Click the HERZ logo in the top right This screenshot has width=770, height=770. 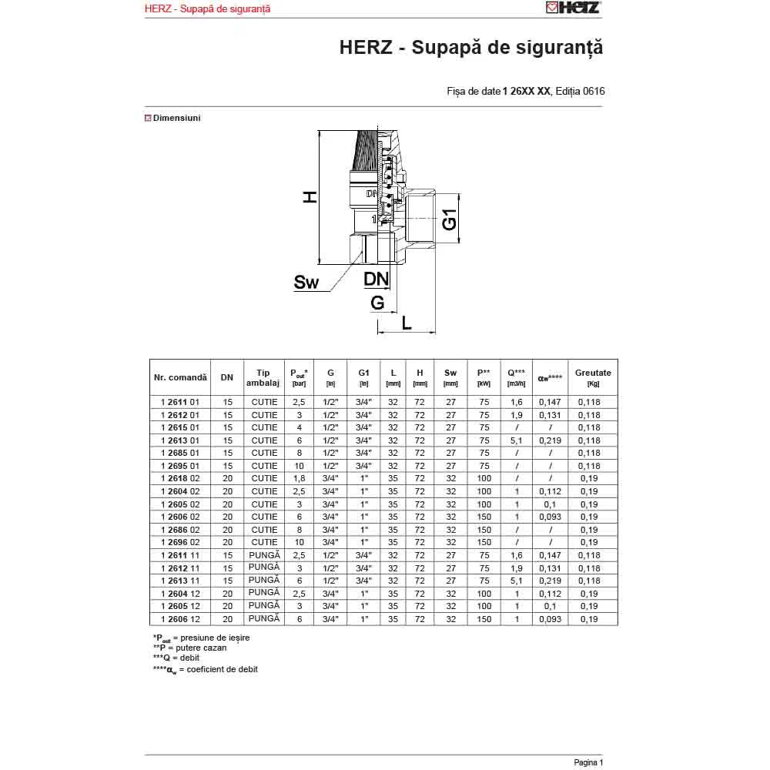tap(573, 8)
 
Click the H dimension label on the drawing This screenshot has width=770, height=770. tap(309, 197)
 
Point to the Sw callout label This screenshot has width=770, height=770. tap(306, 283)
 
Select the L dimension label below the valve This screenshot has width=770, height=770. tap(407, 322)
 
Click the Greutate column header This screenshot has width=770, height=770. tap(593, 377)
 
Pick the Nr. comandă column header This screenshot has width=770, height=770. tap(180, 377)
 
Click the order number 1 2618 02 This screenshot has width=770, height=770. tap(180, 478)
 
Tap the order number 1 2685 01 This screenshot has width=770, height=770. tap(180, 453)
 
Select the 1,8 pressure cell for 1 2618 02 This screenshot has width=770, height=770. tap(299, 478)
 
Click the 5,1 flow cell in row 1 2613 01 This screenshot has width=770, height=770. tap(517, 440)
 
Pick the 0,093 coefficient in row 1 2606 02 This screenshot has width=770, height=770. tap(551, 517)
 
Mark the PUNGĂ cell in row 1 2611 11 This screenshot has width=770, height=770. tap(264, 554)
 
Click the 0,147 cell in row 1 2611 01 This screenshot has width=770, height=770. tap(551, 402)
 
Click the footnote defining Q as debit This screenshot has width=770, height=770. tap(176, 658)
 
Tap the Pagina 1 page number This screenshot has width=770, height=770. tap(588, 762)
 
